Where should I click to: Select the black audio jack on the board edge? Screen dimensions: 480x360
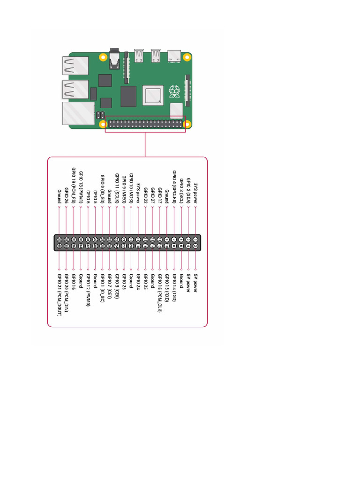pos(114,59)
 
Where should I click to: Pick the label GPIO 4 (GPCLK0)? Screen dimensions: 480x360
pos(174,187)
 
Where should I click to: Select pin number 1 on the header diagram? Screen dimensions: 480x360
pos(195,240)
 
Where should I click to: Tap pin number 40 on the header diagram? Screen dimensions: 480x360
pos(60,246)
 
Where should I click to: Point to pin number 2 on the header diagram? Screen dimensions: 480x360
pos(195,246)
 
